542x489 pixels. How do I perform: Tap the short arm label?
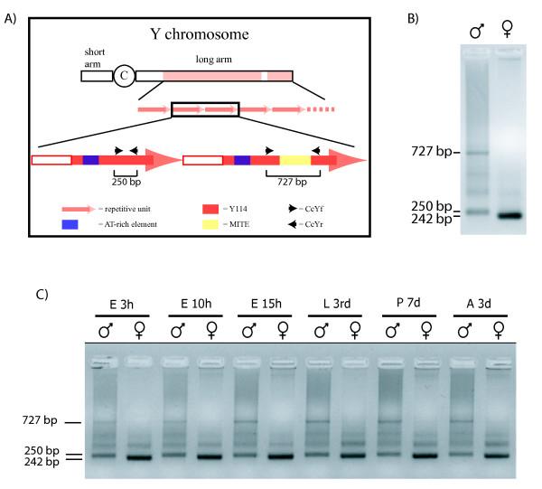[x=95, y=57]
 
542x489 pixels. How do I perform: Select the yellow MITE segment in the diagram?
[x=294, y=161]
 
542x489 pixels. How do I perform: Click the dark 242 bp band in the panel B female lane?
[x=514, y=215]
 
